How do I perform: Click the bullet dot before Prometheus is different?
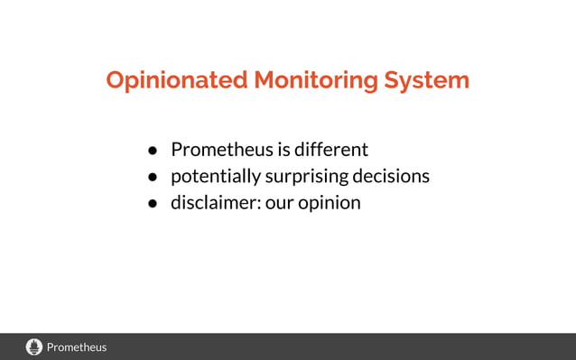(x=153, y=151)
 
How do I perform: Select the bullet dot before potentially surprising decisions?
(x=153, y=177)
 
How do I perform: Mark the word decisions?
(x=393, y=176)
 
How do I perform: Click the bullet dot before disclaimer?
(x=153, y=203)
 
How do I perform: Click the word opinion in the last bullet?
(x=330, y=203)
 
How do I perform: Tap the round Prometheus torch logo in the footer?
(x=34, y=346)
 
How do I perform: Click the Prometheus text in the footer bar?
(x=77, y=347)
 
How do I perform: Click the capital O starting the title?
(x=116, y=80)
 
